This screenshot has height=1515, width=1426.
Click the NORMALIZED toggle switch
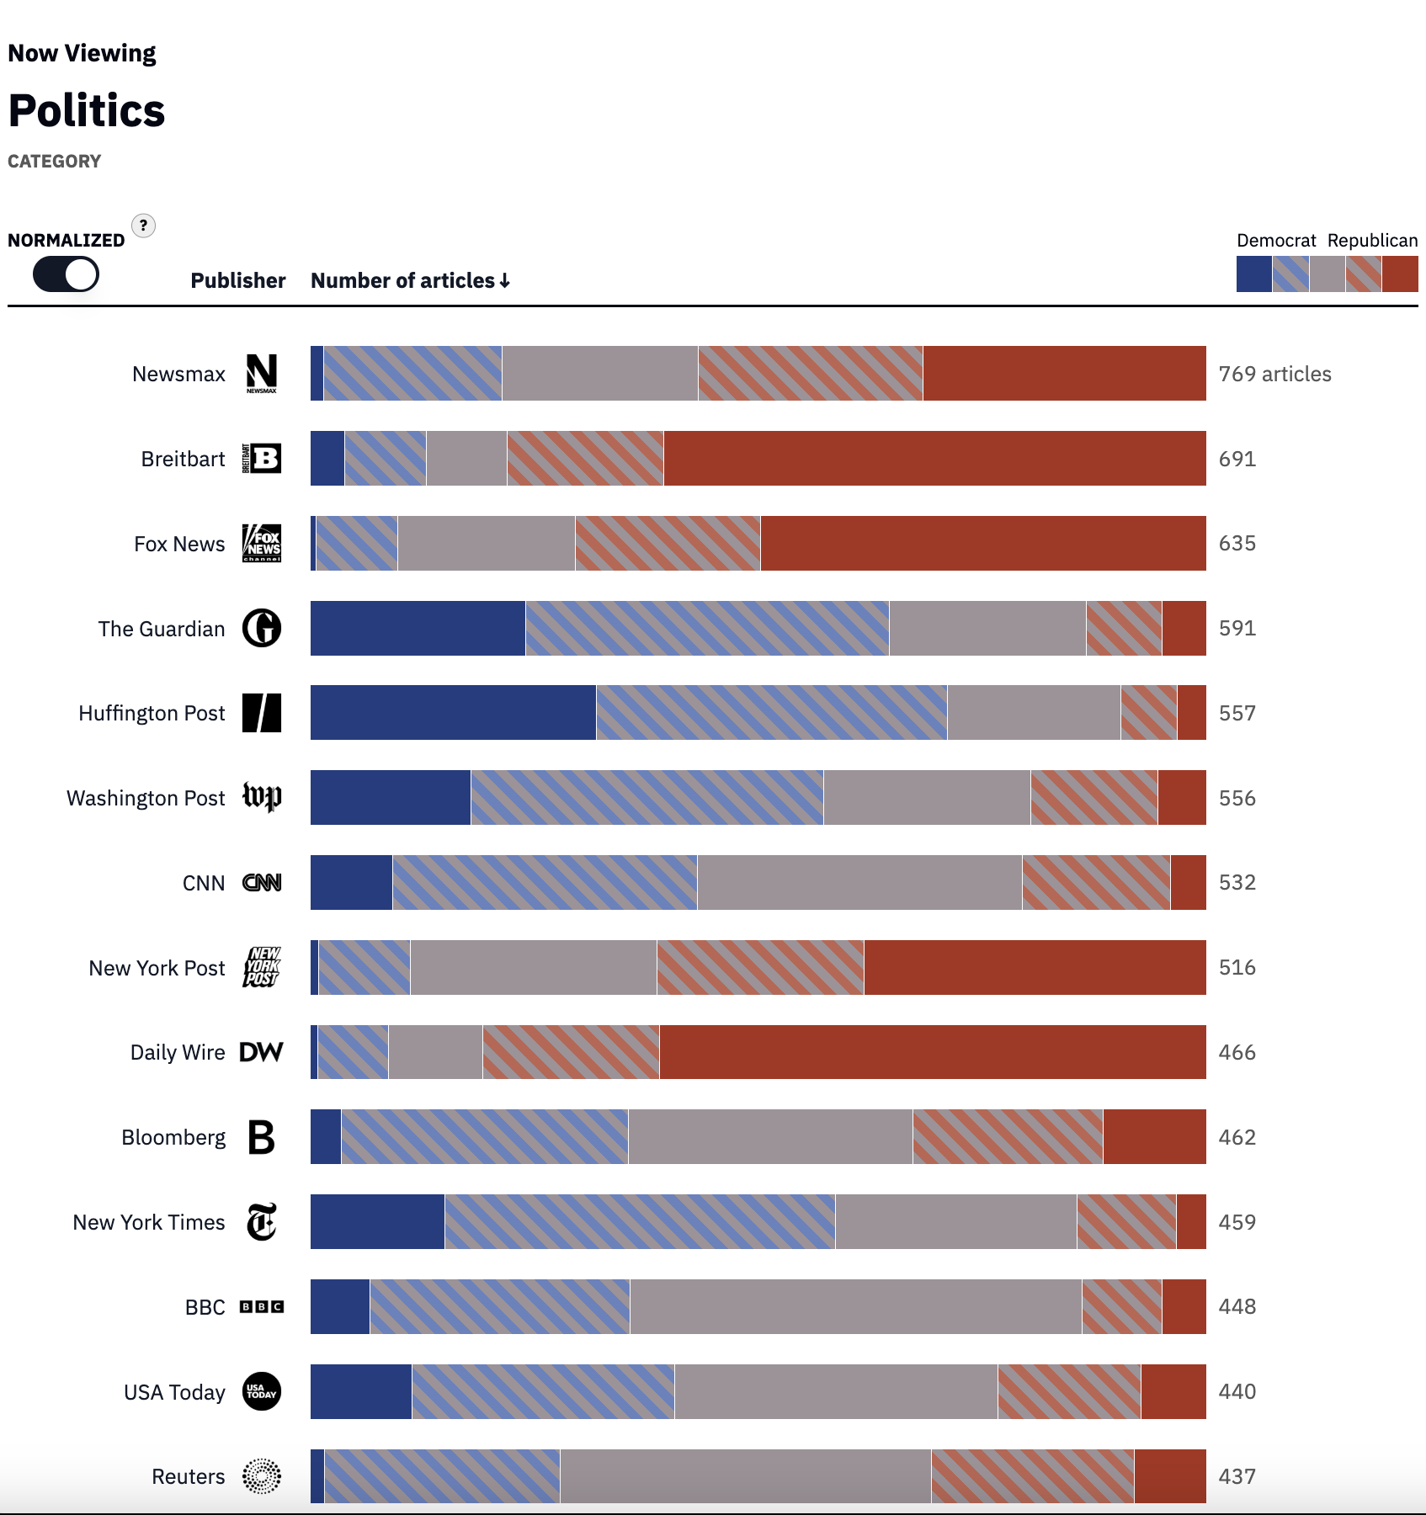click(66, 274)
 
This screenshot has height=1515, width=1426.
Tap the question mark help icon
click(144, 226)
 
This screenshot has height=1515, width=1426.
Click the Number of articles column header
click(410, 280)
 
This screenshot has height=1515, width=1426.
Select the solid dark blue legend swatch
click(1253, 274)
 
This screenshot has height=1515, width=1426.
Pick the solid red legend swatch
click(1401, 274)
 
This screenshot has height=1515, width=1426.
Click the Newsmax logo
click(262, 373)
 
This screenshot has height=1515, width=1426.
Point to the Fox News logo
click(262, 543)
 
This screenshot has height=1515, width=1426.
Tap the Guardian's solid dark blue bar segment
click(418, 628)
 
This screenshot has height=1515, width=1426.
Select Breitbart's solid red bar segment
click(934, 458)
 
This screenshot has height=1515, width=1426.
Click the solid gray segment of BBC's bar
click(855, 1306)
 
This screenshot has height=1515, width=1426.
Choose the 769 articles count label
click(1274, 374)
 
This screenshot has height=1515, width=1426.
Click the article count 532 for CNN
click(1237, 882)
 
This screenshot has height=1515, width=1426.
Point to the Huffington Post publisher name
click(152, 713)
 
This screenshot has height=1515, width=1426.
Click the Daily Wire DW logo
click(262, 1052)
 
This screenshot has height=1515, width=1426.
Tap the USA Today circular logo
click(262, 1391)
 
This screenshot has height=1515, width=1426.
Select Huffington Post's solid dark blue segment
click(453, 713)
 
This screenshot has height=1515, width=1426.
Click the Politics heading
click(87, 110)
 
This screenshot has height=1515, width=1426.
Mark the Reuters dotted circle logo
click(262, 1476)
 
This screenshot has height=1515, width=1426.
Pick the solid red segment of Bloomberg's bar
click(1154, 1137)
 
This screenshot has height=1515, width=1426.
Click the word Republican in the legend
click(1372, 240)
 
